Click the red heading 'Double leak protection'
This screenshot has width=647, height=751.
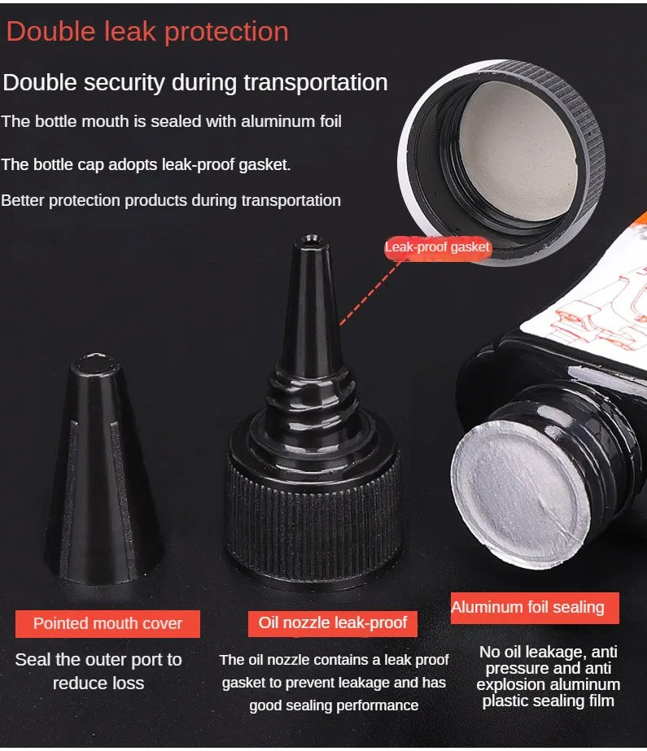click(x=147, y=33)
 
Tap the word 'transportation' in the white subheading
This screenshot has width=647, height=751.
click(x=316, y=83)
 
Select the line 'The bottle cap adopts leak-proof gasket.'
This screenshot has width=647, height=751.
click(x=146, y=164)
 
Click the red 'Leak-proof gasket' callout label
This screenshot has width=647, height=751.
click(x=437, y=247)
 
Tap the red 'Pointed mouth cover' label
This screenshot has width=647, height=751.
click(x=107, y=623)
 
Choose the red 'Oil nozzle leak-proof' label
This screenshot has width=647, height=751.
click(x=332, y=623)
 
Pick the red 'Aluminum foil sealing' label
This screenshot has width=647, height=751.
click(x=535, y=607)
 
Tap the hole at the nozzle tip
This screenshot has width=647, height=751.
click(x=311, y=239)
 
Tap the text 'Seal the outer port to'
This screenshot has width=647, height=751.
click(x=98, y=660)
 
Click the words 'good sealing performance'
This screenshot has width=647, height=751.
click(x=334, y=705)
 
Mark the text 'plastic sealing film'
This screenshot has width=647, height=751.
click(x=548, y=701)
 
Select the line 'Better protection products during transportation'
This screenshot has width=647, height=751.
click(x=171, y=200)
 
